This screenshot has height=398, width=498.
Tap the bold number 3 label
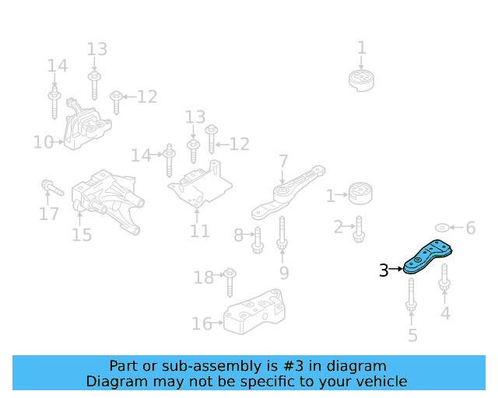[x=384, y=271]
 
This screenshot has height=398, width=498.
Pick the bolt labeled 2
[x=359, y=227]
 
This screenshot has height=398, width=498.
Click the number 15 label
[x=82, y=235]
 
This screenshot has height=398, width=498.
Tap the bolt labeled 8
[x=257, y=240]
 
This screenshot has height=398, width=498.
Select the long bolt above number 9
[x=282, y=234]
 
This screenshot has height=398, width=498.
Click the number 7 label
[x=284, y=161]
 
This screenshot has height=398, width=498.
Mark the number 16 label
[x=201, y=323]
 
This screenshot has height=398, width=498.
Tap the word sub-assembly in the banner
[x=184, y=365]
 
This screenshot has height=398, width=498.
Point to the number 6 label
[x=470, y=228]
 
